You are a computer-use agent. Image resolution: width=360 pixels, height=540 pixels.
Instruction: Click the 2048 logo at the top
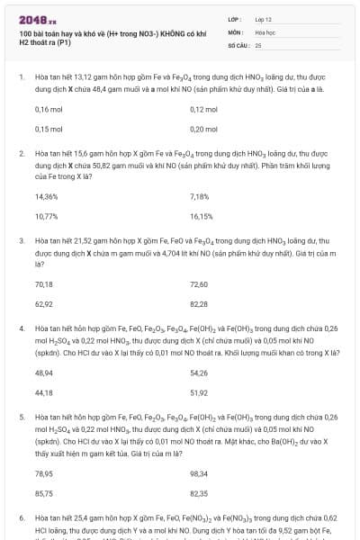(x=37, y=18)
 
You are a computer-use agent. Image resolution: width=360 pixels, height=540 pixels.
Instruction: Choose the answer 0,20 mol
(x=203, y=129)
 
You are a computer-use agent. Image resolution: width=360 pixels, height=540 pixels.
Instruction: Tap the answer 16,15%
(x=202, y=216)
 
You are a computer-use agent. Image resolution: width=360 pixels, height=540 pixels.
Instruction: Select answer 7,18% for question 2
(x=200, y=196)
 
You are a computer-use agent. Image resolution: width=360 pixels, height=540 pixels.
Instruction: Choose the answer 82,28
(x=199, y=303)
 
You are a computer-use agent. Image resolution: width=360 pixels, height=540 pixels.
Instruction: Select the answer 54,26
(x=199, y=372)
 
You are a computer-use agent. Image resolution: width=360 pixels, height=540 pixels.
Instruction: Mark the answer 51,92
(x=199, y=392)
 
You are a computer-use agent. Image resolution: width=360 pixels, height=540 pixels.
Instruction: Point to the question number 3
(x=21, y=241)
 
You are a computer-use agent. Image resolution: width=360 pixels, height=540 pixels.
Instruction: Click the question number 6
(x=21, y=519)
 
